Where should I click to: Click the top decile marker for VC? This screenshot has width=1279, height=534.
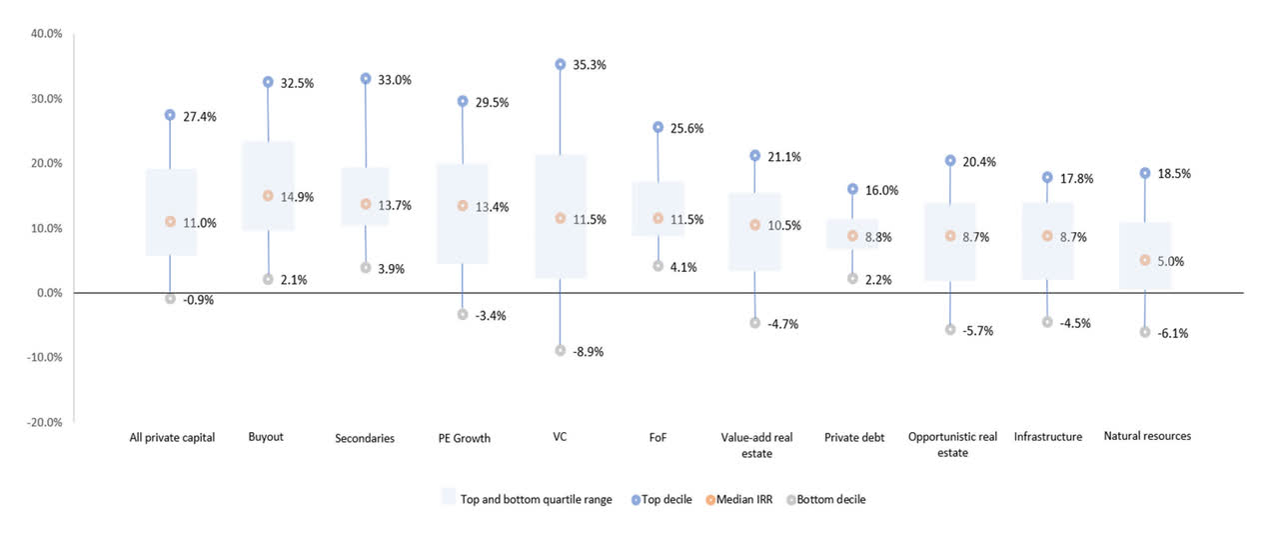[560, 64]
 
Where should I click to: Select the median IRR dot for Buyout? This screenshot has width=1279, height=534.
[268, 196]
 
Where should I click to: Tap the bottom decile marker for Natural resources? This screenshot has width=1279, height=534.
[1145, 332]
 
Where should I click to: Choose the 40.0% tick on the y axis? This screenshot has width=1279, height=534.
[47, 34]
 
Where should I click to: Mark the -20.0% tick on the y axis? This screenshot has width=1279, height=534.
[45, 422]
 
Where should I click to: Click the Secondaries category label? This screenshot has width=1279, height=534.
[365, 438]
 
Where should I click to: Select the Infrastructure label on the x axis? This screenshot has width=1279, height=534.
[1047, 437]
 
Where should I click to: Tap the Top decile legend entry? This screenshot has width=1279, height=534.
[665, 499]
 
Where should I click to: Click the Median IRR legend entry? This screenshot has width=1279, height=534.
[743, 499]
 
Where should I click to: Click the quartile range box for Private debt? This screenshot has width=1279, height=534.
[852, 234]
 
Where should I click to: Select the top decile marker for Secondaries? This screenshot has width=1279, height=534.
[366, 78]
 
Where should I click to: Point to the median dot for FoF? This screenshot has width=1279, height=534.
[657, 218]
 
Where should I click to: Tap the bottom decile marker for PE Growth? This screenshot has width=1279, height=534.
[462, 314]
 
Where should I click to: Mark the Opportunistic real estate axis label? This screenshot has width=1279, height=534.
[952, 444]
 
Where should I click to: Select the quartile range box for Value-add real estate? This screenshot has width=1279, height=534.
[755, 232]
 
